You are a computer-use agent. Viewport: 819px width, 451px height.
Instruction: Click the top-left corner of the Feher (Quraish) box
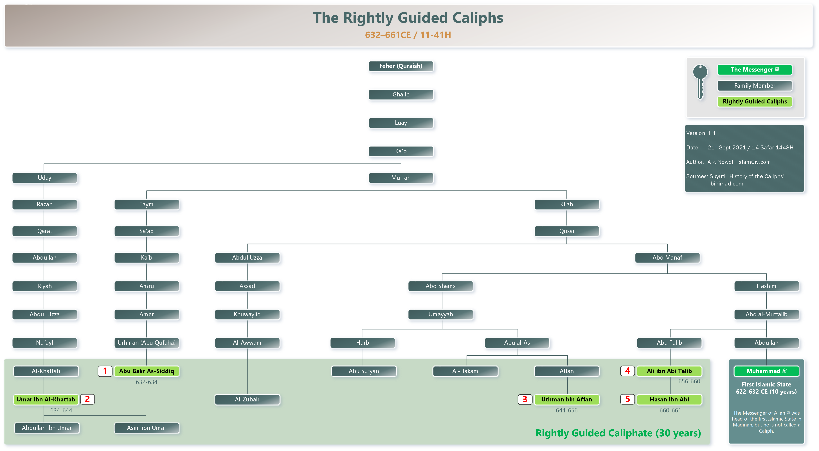(369, 61)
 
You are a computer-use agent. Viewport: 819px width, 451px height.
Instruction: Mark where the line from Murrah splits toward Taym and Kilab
(401, 191)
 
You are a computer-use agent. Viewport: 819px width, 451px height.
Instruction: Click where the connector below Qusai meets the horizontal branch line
(567, 244)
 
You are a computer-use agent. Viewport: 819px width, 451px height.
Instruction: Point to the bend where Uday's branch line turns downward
(44, 164)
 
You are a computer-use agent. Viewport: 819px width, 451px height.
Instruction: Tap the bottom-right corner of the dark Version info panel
(804, 192)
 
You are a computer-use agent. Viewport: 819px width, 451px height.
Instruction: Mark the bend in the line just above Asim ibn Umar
(146, 416)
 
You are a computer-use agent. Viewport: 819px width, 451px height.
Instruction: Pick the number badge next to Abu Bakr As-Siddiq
(105, 371)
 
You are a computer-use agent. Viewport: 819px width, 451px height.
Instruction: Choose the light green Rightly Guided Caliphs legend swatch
(755, 101)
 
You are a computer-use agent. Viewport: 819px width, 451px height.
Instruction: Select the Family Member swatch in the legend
(755, 86)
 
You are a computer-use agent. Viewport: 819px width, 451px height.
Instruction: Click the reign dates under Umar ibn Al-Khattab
(61, 410)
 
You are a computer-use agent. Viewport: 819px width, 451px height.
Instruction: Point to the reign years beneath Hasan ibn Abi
(670, 410)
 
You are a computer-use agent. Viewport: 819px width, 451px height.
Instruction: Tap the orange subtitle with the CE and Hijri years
(408, 35)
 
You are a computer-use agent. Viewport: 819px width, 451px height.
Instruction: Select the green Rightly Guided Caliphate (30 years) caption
(618, 433)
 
